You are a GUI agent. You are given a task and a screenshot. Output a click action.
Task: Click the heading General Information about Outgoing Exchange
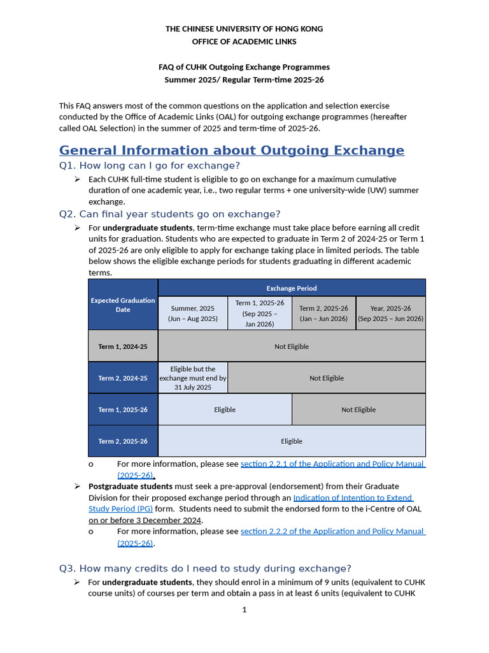(231, 150)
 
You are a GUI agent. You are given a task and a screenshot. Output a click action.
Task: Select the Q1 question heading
(149, 166)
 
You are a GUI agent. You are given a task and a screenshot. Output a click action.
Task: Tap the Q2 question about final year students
(169, 214)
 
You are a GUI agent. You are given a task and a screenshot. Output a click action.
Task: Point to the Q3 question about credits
(205, 568)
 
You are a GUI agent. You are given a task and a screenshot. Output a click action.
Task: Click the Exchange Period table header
(291, 288)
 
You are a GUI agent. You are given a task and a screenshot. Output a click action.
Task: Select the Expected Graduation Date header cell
(123, 305)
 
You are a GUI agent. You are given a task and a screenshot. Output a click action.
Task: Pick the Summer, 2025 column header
(192, 313)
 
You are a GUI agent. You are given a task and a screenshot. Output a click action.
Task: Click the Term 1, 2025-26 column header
(259, 313)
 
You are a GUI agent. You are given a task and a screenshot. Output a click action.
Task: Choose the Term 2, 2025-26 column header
(323, 313)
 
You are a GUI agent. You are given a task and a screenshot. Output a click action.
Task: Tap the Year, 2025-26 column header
(390, 313)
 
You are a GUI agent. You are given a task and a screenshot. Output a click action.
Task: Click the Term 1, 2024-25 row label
(123, 346)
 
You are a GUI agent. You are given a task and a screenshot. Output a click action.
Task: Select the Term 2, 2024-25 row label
(123, 378)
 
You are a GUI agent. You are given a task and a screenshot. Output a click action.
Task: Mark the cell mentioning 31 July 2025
(192, 378)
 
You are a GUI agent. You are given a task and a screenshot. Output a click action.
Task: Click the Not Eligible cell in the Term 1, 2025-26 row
(358, 409)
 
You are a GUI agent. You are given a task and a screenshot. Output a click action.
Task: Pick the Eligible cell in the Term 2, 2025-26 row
(291, 441)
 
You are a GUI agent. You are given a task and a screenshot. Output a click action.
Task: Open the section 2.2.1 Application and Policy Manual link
(332, 464)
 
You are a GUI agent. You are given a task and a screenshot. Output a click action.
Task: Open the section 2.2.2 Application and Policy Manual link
(332, 531)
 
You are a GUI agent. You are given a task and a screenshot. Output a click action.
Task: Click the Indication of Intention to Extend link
(353, 497)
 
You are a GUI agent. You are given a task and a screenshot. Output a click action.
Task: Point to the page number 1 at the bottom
(244, 610)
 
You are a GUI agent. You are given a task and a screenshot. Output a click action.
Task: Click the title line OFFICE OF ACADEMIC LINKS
(244, 41)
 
